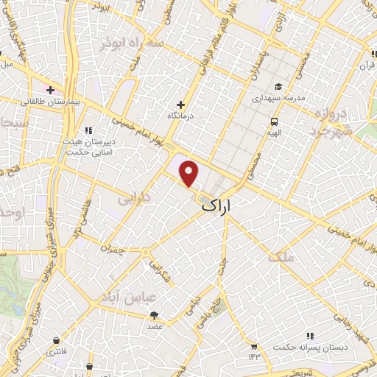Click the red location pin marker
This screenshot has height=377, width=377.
[190, 173]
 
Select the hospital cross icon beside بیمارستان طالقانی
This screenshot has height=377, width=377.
[50, 89]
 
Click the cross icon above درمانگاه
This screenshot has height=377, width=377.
[181, 105]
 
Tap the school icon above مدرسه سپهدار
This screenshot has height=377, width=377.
[278, 85]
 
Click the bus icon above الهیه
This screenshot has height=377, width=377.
[274, 121]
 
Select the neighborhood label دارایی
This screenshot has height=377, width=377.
[135, 199]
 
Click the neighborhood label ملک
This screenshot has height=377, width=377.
[281, 257]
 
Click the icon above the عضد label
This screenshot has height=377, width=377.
[155, 314]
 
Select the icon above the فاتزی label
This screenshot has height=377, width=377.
[57, 340]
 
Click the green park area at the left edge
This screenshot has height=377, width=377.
[10, 280]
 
